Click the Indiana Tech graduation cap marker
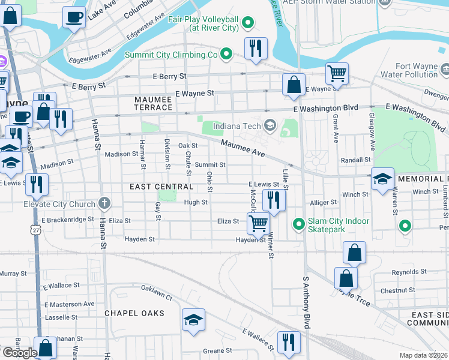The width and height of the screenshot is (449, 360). (270, 125)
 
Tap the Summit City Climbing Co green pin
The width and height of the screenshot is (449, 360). (226, 55)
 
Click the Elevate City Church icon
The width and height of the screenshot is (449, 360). (104, 204)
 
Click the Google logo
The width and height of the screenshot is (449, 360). (19, 353)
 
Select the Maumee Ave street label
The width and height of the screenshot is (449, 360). (243, 148)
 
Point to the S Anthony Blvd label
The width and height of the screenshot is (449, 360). (306, 302)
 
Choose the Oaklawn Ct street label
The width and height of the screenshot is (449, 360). (157, 292)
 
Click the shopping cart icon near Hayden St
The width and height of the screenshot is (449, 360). (258, 224)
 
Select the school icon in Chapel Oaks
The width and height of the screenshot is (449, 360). (193, 320)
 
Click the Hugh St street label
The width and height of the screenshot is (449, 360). (196, 202)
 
